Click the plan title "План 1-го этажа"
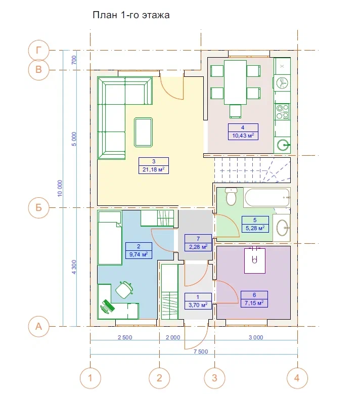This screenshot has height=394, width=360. [131, 15]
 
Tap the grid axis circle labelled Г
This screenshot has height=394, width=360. [38, 50]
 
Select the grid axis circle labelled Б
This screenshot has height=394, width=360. [38, 207]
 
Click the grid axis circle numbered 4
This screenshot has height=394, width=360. [297, 378]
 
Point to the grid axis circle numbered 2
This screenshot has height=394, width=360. [159, 378]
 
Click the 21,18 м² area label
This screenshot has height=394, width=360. [154, 169]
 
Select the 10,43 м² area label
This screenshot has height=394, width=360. [243, 136]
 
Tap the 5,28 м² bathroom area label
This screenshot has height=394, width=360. [255, 228]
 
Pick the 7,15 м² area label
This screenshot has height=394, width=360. [254, 303]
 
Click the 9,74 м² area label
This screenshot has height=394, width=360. [139, 254]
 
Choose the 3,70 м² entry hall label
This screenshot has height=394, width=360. [198, 305]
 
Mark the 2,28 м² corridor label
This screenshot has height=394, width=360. [198, 247]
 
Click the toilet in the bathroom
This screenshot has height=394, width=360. [231, 197]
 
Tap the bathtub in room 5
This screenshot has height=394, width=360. [267, 198]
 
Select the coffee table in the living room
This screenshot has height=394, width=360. [144, 132]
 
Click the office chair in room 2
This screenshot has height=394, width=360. [124, 290]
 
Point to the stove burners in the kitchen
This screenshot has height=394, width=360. [282, 112]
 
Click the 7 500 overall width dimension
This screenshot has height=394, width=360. [201, 352]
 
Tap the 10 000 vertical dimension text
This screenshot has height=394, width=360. [60, 189]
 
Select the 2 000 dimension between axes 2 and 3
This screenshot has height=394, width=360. [173, 337]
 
